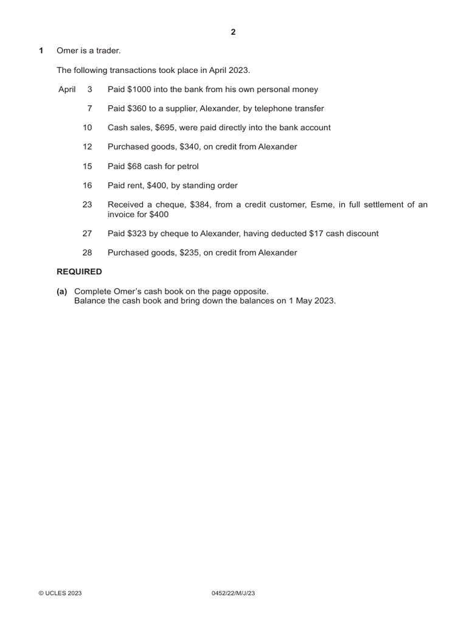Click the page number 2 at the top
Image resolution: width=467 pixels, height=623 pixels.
[233, 32]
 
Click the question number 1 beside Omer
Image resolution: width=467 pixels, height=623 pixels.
[41, 51]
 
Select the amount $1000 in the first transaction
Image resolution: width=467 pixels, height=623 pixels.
[140, 89]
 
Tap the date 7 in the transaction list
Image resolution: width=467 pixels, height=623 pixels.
[89, 108]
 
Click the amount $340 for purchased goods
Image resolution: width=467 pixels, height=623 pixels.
[191, 147]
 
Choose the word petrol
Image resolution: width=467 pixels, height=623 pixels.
[187, 166]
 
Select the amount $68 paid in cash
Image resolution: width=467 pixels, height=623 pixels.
[134, 166]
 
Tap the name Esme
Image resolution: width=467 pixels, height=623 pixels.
[322, 205]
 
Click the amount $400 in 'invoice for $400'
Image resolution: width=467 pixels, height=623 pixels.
[159, 214]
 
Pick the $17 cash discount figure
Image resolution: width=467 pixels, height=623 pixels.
[317, 234]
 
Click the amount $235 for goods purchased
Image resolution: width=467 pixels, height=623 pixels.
[191, 252]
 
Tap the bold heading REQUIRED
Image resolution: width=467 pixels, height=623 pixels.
[80, 272]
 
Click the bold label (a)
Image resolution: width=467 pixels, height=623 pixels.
[62, 291]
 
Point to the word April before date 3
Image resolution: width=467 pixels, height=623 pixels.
[67, 89]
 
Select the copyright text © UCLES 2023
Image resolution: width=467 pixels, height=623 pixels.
[60, 594]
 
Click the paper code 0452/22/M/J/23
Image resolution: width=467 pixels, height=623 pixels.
[233, 594]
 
